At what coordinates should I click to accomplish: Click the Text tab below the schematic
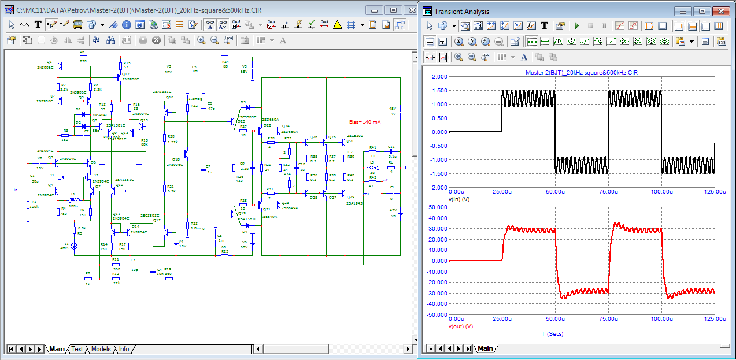point(77,349)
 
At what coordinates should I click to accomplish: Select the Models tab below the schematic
point(101,349)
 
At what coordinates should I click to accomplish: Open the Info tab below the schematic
point(124,349)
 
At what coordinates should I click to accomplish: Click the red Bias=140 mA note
point(365,122)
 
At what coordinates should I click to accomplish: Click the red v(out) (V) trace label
point(461,326)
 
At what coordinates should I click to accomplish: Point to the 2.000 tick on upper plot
point(439,77)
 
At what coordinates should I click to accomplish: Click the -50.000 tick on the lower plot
point(438,315)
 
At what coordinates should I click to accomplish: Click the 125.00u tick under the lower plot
point(715,319)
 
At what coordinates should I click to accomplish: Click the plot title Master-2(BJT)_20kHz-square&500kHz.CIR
point(581,73)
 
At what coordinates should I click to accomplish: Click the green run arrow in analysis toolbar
point(576,25)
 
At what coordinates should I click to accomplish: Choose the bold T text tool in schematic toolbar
point(38,24)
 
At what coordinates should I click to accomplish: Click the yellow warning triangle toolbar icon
point(338,24)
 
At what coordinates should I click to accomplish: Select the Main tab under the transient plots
point(485,348)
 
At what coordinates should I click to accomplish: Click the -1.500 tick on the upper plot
point(439,173)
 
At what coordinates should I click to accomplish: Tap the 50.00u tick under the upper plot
point(556,191)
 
